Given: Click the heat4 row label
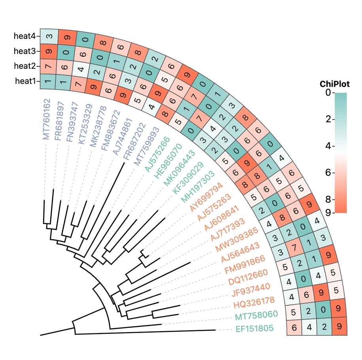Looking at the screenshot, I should (25, 36).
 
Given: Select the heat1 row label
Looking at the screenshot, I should (25, 81).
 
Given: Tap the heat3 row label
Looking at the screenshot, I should (25, 51).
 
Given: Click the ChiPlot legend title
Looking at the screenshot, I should (334, 84).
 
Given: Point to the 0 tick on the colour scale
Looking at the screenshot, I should (328, 93).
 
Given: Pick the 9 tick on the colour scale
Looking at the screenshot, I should (328, 213).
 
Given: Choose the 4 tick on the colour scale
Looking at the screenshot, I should (328, 146).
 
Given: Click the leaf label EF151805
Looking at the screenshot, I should (255, 329).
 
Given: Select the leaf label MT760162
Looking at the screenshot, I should (46, 119).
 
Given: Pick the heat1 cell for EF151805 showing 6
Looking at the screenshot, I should (294, 327).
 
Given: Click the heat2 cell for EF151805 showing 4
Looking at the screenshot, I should (309, 327).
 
